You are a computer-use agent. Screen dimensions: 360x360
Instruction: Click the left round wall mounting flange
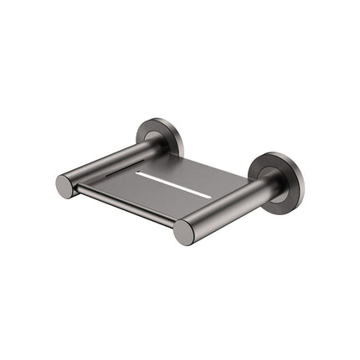(158, 136)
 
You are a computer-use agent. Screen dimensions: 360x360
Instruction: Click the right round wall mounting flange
(276, 177)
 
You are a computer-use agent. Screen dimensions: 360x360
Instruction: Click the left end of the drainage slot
(139, 174)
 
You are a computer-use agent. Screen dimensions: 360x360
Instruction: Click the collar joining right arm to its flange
(268, 186)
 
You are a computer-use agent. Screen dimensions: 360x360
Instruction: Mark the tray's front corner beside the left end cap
(80, 193)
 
